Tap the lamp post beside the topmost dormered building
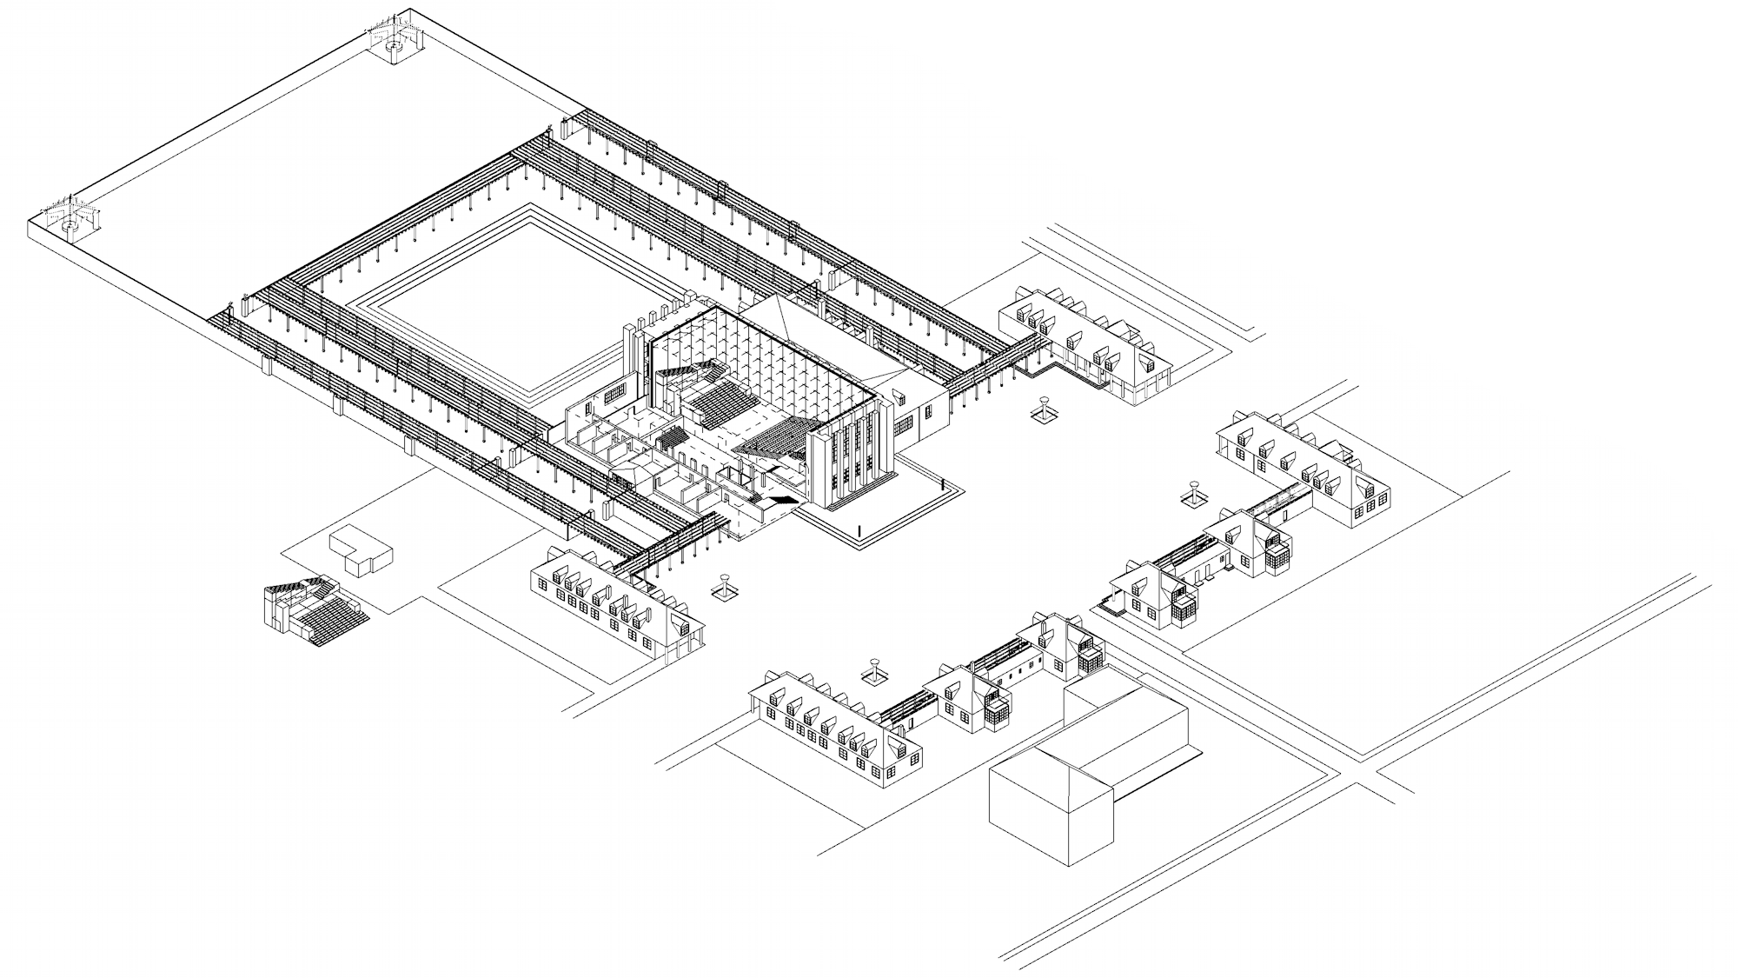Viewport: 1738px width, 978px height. (x=1044, y=409)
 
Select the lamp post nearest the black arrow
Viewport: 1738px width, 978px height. (x=724, y=587)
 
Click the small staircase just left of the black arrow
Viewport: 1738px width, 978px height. (x=755, y=498)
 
